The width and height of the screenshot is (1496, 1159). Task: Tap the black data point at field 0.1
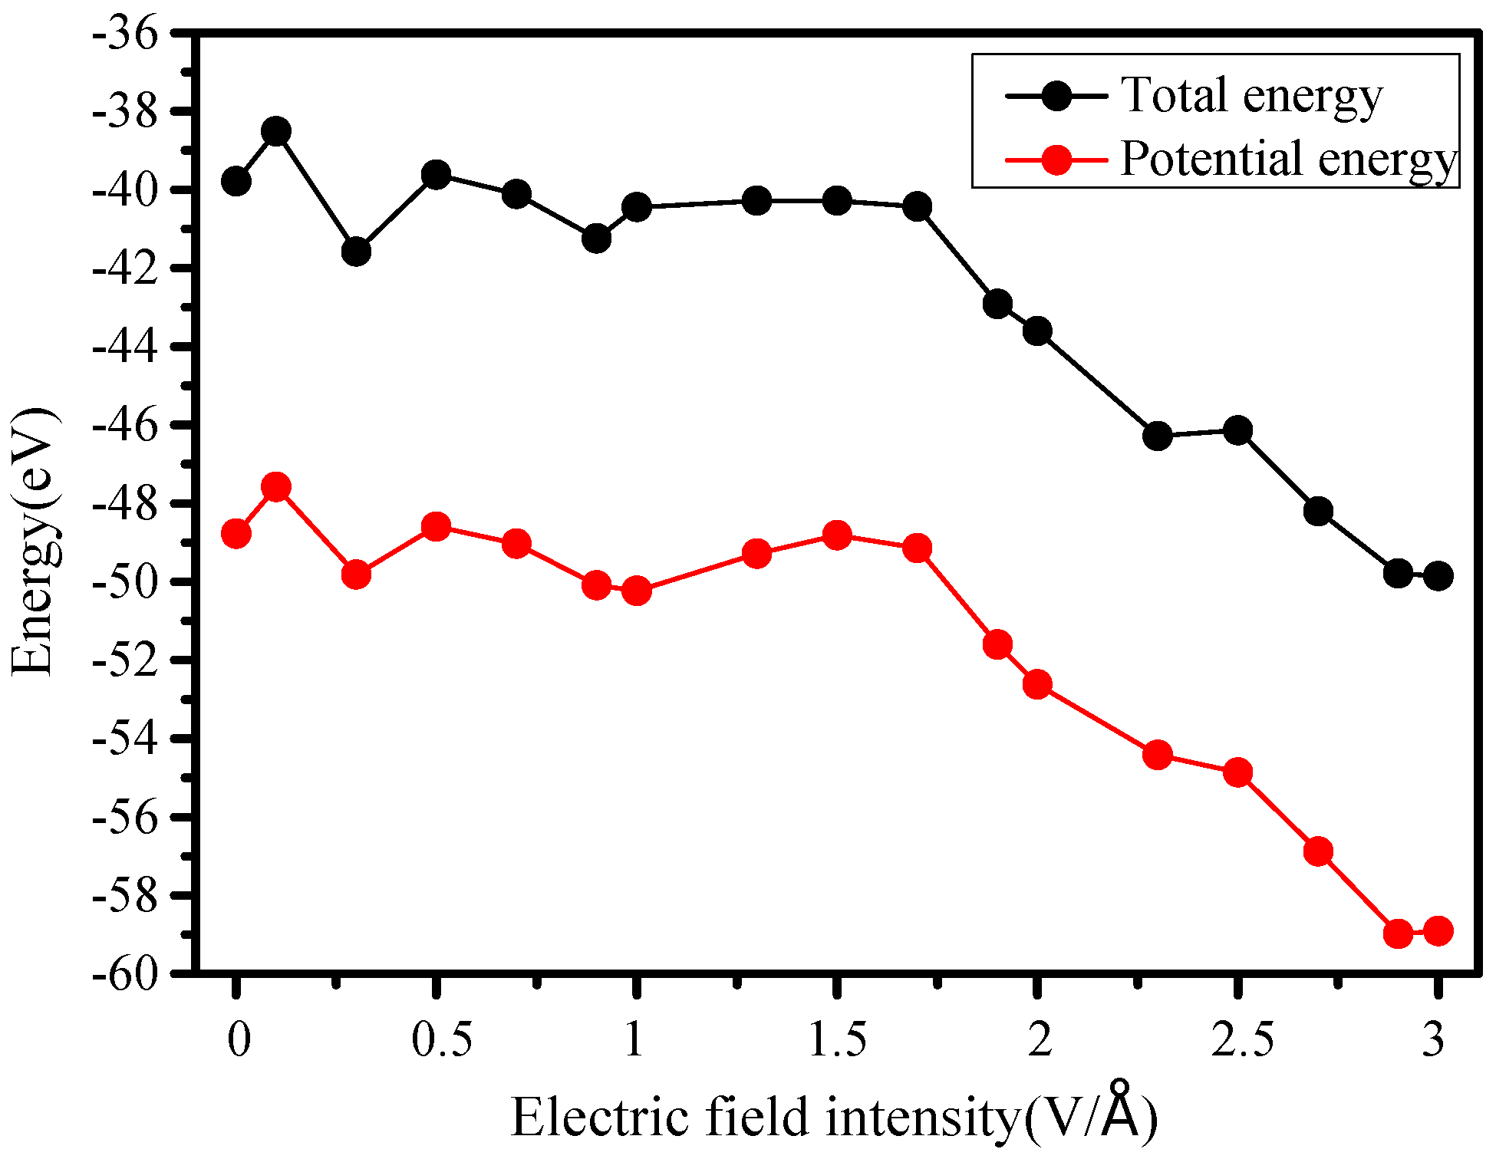[x=276, y=132]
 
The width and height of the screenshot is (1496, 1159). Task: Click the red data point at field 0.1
[x=276, y=486]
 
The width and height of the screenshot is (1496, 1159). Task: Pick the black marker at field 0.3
[x=356, y=251]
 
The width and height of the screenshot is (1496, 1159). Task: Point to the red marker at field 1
[x=637, y=591]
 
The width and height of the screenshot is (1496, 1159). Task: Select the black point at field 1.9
[x=997, y=304]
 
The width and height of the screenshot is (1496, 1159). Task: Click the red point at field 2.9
[x=1398, y=933]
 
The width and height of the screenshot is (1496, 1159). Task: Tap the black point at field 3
[x=1438, y=575]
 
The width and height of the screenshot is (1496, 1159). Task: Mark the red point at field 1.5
[x=837, y=535]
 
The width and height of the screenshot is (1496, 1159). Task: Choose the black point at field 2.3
[x=1158, y=436]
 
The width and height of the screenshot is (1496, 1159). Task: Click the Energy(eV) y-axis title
[x=35, y=541]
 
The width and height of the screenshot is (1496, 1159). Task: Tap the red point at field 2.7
[x=1318, y=851]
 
